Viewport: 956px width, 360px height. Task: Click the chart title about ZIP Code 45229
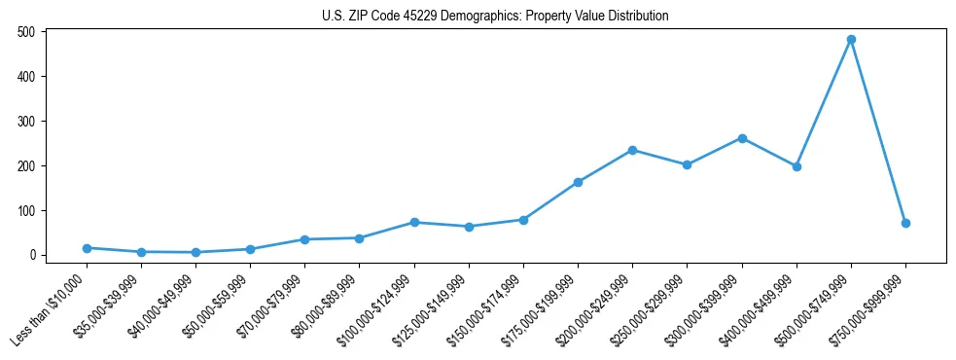click(x=495, y=16)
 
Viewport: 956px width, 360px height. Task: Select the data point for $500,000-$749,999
click(x=851, y=40)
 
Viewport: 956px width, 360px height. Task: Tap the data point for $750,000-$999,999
click(x=905, y=223)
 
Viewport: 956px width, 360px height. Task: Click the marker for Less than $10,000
click(x=87, y=248)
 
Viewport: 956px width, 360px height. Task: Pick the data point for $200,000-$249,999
click(x=632, y=150)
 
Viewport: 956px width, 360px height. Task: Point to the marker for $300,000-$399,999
click(x=742, y=138)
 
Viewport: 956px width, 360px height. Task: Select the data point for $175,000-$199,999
click(x=578, y=182)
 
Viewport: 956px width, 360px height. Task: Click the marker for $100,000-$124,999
click(x=414, y=222)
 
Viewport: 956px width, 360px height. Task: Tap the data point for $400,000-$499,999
click(x=797, y=166)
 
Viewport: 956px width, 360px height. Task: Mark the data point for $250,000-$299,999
click(x=687, y=164)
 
